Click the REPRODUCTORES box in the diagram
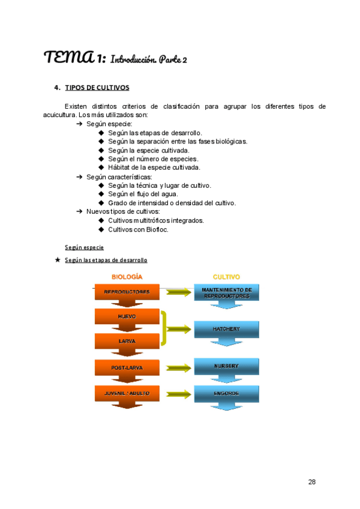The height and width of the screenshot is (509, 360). [x=127, y=292]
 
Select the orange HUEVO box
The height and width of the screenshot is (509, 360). [x=127, y=316]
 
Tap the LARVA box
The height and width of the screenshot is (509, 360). [x=127, y=341]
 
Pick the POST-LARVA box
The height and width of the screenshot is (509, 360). [x=127, y=366]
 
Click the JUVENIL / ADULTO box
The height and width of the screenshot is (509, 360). [x=127, y=393]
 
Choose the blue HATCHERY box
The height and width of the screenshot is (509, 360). [x=226, y=329]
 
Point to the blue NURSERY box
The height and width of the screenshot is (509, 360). [x=226, y=366]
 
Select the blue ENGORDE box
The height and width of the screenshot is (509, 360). [x=226, y=393]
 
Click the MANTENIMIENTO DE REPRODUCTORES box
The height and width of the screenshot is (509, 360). [x=226, y=293]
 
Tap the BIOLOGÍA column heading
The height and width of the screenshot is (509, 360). [x=127, y=277]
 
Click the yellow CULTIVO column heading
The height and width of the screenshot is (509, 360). [x=226, y=277]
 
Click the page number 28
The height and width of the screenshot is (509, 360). [x=311, y=482]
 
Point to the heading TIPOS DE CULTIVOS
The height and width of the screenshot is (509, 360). [x=97, y=88]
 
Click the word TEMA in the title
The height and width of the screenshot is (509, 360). [x=67, y=58]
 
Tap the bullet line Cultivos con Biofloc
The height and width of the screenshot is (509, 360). [x=138, y=229]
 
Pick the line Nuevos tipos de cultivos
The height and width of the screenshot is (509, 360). [x=122, y=211]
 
